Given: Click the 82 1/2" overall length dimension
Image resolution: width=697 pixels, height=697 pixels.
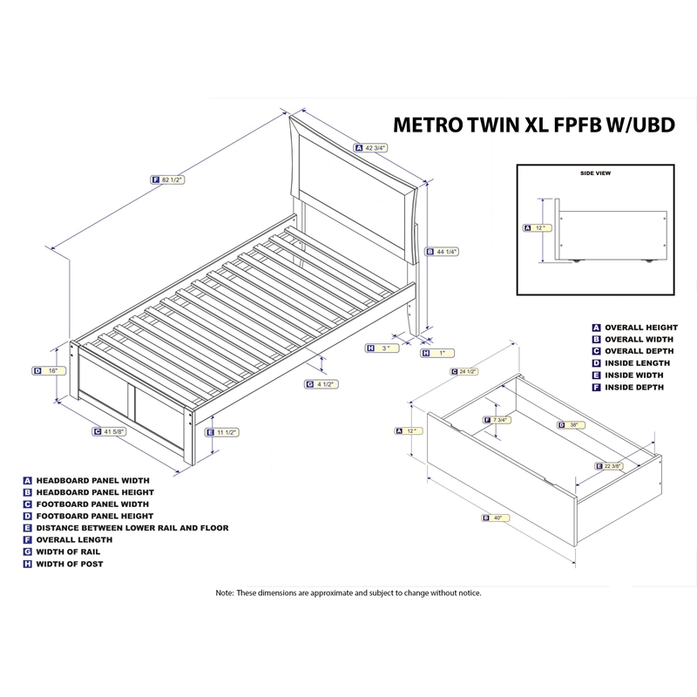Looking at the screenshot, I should pos(171,179).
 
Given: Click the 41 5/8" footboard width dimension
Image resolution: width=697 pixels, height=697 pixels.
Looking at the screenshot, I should pos(114,431).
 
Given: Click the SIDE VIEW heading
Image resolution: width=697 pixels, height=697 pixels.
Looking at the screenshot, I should pos(595,173).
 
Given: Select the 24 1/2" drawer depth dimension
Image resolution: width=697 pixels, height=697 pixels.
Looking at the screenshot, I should pos(466,372).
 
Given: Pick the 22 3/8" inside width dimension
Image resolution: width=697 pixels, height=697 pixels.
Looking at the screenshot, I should pos(613,466).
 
